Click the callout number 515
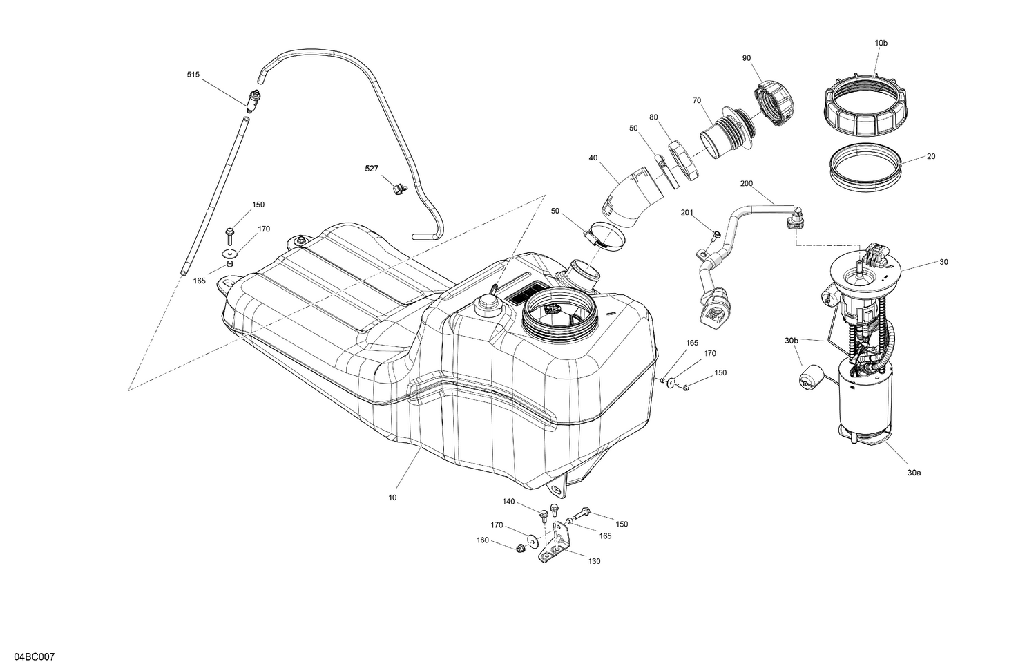pos(193,74)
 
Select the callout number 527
pos(372,168)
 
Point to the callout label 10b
pos(881,43)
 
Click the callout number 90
pos(747,57)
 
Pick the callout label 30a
pos(914,473)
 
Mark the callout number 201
pos(687,212)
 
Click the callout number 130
pos(594,561)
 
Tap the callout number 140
pos(508,502)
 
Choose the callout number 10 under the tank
pos(392,497)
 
